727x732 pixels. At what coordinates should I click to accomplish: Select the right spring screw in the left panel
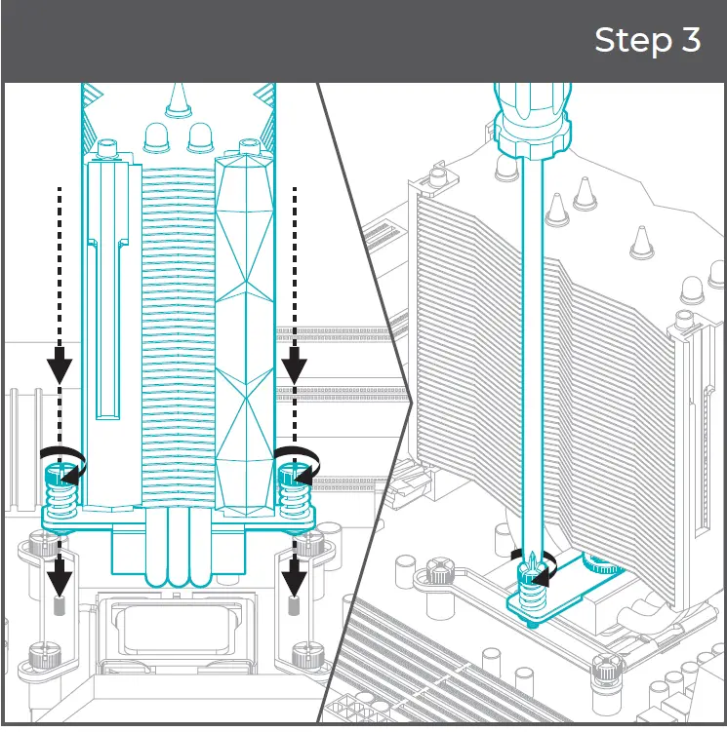[292, 492]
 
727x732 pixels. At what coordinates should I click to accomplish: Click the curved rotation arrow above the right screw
[297, 458]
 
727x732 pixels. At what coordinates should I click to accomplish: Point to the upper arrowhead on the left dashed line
[59, 366]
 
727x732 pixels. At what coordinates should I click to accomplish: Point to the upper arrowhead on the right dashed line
[294, 366]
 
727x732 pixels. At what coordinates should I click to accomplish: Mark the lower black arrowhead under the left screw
[59, 581]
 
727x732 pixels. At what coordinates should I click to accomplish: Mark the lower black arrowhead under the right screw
[294, 581]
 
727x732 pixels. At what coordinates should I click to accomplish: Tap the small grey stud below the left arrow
[59, 608]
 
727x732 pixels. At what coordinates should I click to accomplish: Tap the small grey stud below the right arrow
[294, 608]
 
